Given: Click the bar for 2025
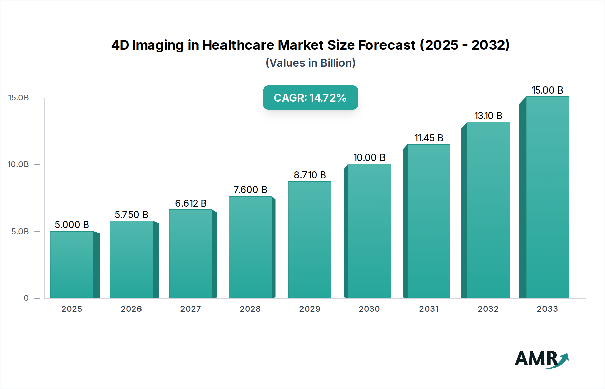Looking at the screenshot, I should pyautogui.click(x=72, y=264).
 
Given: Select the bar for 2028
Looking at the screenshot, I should pyautogui.click(x=250, y=247).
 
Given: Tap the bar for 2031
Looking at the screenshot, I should pyautogui.click(x=429, y=221).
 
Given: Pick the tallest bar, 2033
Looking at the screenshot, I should pyautogui.click(x=548, y=197).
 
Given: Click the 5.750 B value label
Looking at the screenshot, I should pyautogui.click(x=131, y=215).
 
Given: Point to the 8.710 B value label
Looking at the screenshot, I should pyautogui.click(x=310, y=175).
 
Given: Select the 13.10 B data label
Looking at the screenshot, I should pyautogui.click(x=488, y=116).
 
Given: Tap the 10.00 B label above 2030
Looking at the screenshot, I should pyautogui.click(x=369, y=157).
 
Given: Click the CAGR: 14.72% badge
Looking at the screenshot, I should pyautogui.click(x=310, y=98).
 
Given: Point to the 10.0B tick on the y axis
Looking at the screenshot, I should pyautogui.click(x=18, y=164).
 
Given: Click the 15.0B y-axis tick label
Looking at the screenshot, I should pyautogui.click(x=18, y=98).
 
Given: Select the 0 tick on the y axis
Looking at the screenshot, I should pyautogui.click(x=26, y=298).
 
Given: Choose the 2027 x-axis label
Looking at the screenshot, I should pyautogui.click(x=191, y=309).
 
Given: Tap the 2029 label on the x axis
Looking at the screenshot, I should pyautogui.click(x=310, y=309).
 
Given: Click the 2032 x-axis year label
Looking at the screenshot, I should pyautogui.click(x=488, y=309).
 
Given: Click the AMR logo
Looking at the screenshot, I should pyautogui.click(x=541, y=359).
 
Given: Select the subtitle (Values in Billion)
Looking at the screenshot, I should pyautogui.click(x=310, y=63).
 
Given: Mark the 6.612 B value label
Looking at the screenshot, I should pyautogui.click(x=191, y=203).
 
